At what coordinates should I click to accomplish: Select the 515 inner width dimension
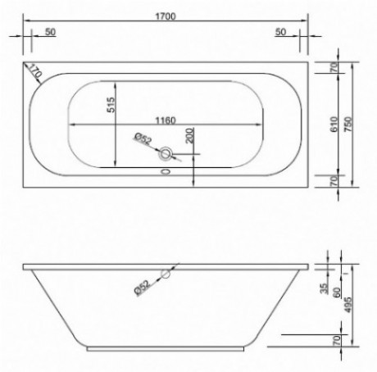coord(110,105)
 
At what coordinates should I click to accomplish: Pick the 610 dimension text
coord(334,123)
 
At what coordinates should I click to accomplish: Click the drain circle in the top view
coord(168,152)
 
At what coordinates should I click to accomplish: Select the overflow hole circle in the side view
coord(167,274)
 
